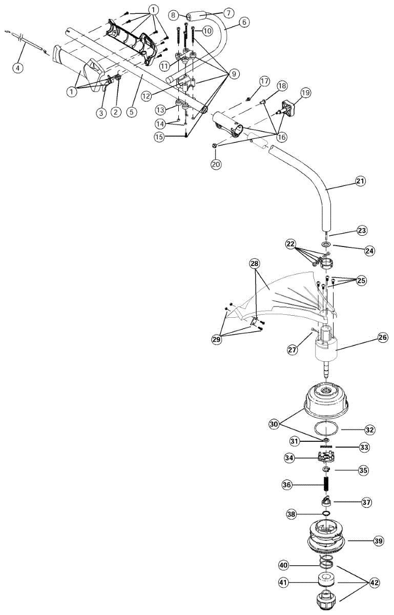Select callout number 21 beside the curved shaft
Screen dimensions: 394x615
coord(361,181)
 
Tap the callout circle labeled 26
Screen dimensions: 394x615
coord(383,338)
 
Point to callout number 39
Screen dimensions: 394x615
coord(379,540)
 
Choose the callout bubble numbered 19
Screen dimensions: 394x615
coord(305,93)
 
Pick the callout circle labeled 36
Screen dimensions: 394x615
coord(287,484)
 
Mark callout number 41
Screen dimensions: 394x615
coord(284,582)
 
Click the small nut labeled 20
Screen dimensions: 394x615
coord(215,147)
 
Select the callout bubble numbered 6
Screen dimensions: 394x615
coord(244,22)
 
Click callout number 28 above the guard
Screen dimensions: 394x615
coord(255,263)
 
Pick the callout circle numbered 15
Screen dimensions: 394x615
coord(160,137)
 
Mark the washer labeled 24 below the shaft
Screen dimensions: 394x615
coord(326,244)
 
